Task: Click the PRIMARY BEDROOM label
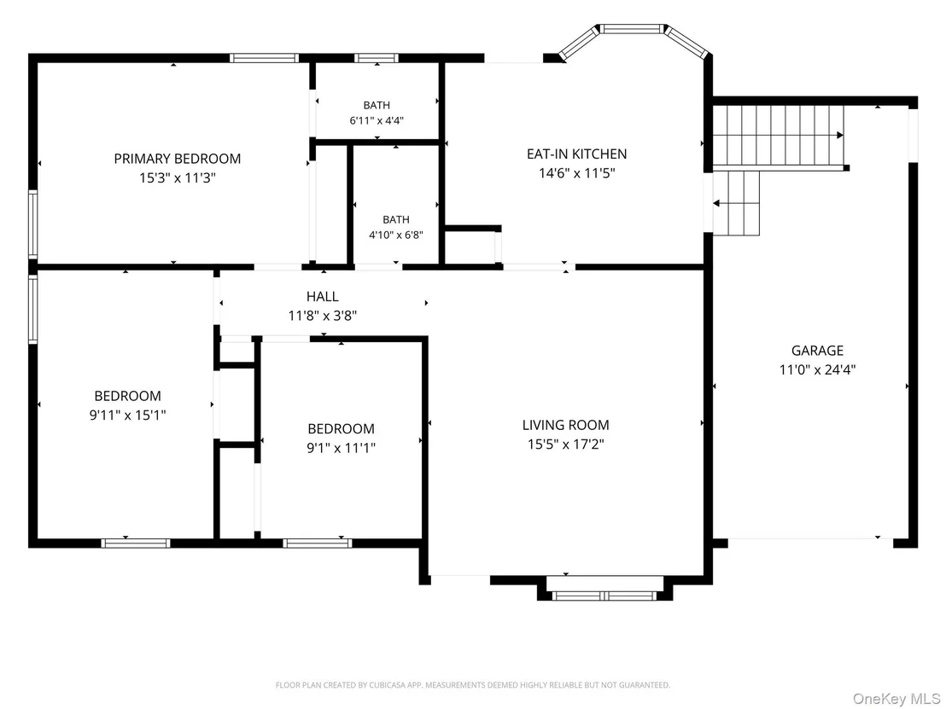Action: (178, 159)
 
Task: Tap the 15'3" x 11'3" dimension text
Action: (178, 177)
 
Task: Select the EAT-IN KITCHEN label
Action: (577, 154)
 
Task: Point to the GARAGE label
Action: (817, 351)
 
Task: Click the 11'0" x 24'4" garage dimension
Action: (817, 369)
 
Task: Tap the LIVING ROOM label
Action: (566, 425)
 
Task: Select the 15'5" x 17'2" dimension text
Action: (566, 445)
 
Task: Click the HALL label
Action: (323, 296)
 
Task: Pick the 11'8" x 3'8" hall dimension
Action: (323, 316)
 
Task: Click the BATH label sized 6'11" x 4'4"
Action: (377, 106)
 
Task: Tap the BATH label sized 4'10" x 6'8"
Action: (396, 219)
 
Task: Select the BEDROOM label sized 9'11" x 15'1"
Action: (128, 396)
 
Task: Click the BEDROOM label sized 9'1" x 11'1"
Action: (341, 428)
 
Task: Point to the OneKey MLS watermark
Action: (896, 698)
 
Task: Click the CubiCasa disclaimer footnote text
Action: (473, 685)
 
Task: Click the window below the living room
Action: (604, 596)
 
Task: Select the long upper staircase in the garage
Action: (780, 136)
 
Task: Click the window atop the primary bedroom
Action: (264, 59)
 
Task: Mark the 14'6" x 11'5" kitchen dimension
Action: (577, 173)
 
